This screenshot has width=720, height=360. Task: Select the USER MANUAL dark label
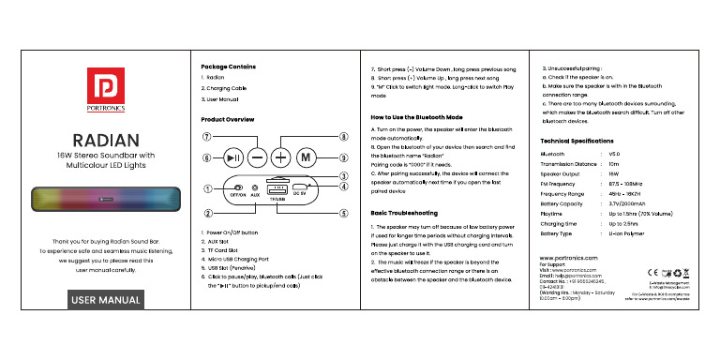(105, 300)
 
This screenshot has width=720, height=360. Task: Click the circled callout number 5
(319, 214)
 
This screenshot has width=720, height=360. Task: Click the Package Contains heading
(228, 67)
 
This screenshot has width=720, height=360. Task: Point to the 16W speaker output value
(614, 173)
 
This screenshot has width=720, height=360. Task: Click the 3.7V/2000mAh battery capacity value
(627, 203)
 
